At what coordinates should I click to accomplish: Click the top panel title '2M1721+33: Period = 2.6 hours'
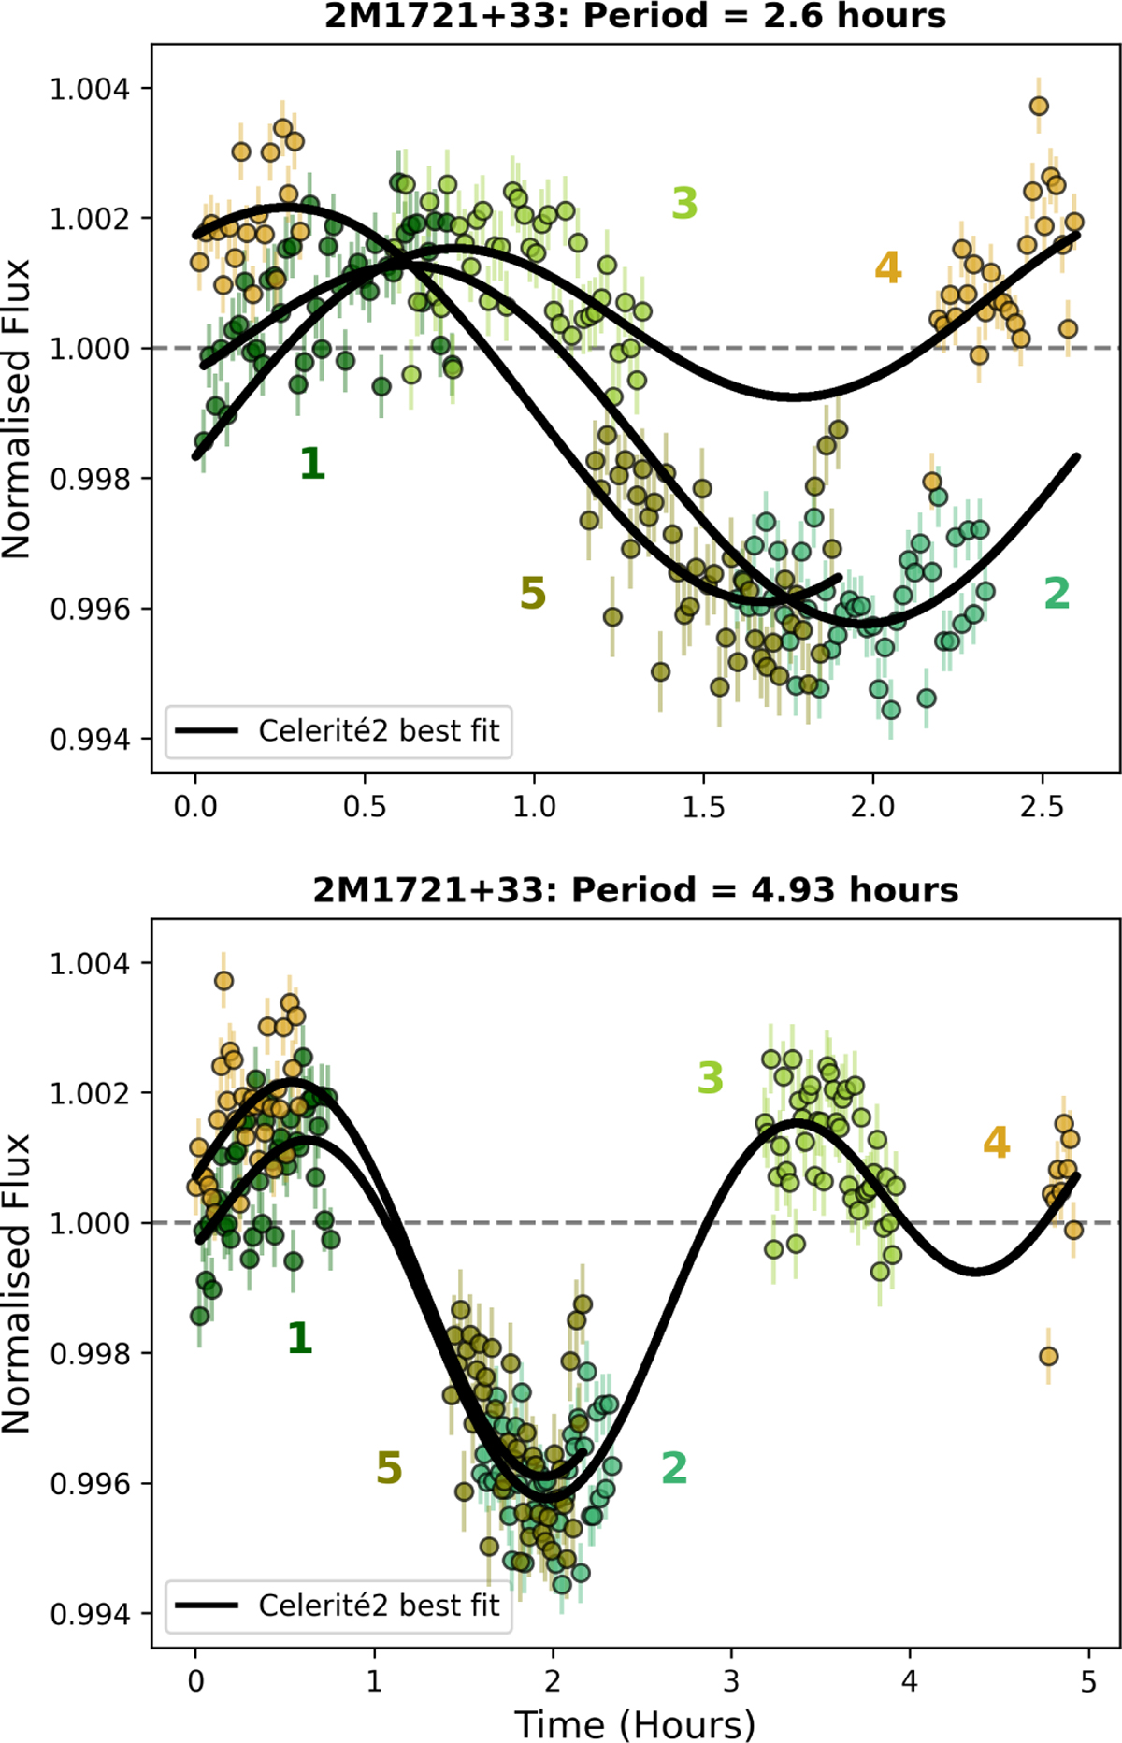pos(636,16)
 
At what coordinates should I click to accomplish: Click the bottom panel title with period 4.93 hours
pos(636,890)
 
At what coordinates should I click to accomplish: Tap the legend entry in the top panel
pos(338,730)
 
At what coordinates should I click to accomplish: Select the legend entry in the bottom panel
pos(338,1606)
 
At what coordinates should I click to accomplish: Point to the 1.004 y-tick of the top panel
pos(90,89)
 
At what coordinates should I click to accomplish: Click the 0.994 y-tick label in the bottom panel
pos(90,1614)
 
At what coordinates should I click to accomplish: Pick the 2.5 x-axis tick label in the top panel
pos(1043,806)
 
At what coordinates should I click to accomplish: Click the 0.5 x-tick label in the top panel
pos(365,806)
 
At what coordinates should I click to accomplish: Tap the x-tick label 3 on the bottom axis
pos(731,1681)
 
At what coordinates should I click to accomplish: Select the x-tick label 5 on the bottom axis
pos(1088,1681)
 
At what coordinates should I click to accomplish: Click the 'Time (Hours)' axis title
pos(635,1723)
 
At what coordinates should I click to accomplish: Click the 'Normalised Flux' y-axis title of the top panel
pos(17,410)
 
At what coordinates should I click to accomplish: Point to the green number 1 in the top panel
pos(312,464)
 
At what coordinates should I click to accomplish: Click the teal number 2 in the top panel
pos(1057,593)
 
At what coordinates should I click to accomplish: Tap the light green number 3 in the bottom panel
pos(711,1078)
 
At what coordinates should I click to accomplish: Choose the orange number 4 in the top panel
pos(888,268)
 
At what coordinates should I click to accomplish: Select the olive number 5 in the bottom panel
pos(389,1468)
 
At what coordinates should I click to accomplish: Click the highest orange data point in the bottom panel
pos(223,981)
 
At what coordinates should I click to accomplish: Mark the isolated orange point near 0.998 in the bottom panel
pos(1048,1356)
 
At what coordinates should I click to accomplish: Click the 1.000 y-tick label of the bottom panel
pos(90,1223)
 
